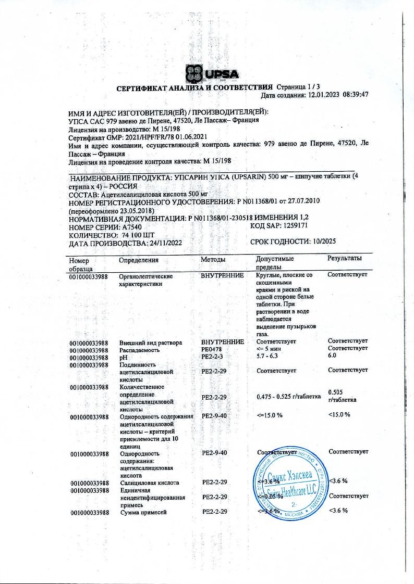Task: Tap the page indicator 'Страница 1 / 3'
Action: click(302, 86)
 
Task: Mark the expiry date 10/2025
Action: click(326, 242)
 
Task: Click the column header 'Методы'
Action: click(213, 259)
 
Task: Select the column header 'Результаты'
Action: click(345, 259)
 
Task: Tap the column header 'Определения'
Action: click(139, 259)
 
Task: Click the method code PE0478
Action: click(212, 349)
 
